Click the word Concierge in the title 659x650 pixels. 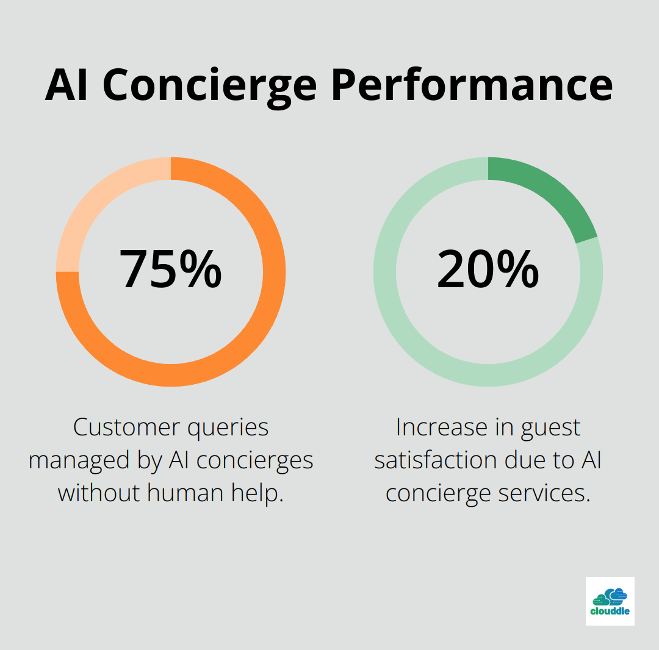[209, 87]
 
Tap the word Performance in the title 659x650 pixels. [472, 85]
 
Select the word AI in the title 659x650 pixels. [67, 85]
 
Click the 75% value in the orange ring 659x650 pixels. [171, 269]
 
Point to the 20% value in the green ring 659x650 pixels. [488, 269]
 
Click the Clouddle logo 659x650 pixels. [610, 601]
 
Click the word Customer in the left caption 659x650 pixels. [127, 427]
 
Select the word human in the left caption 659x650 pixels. [185, 493]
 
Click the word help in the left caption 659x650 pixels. [257, 494]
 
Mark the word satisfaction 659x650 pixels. [436, 460]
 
